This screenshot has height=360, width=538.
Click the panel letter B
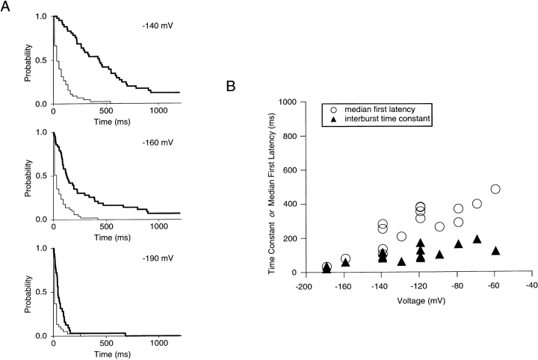click(232, 87)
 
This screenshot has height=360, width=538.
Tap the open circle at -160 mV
click(345, 259)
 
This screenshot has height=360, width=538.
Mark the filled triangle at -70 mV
click(477, 239)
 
